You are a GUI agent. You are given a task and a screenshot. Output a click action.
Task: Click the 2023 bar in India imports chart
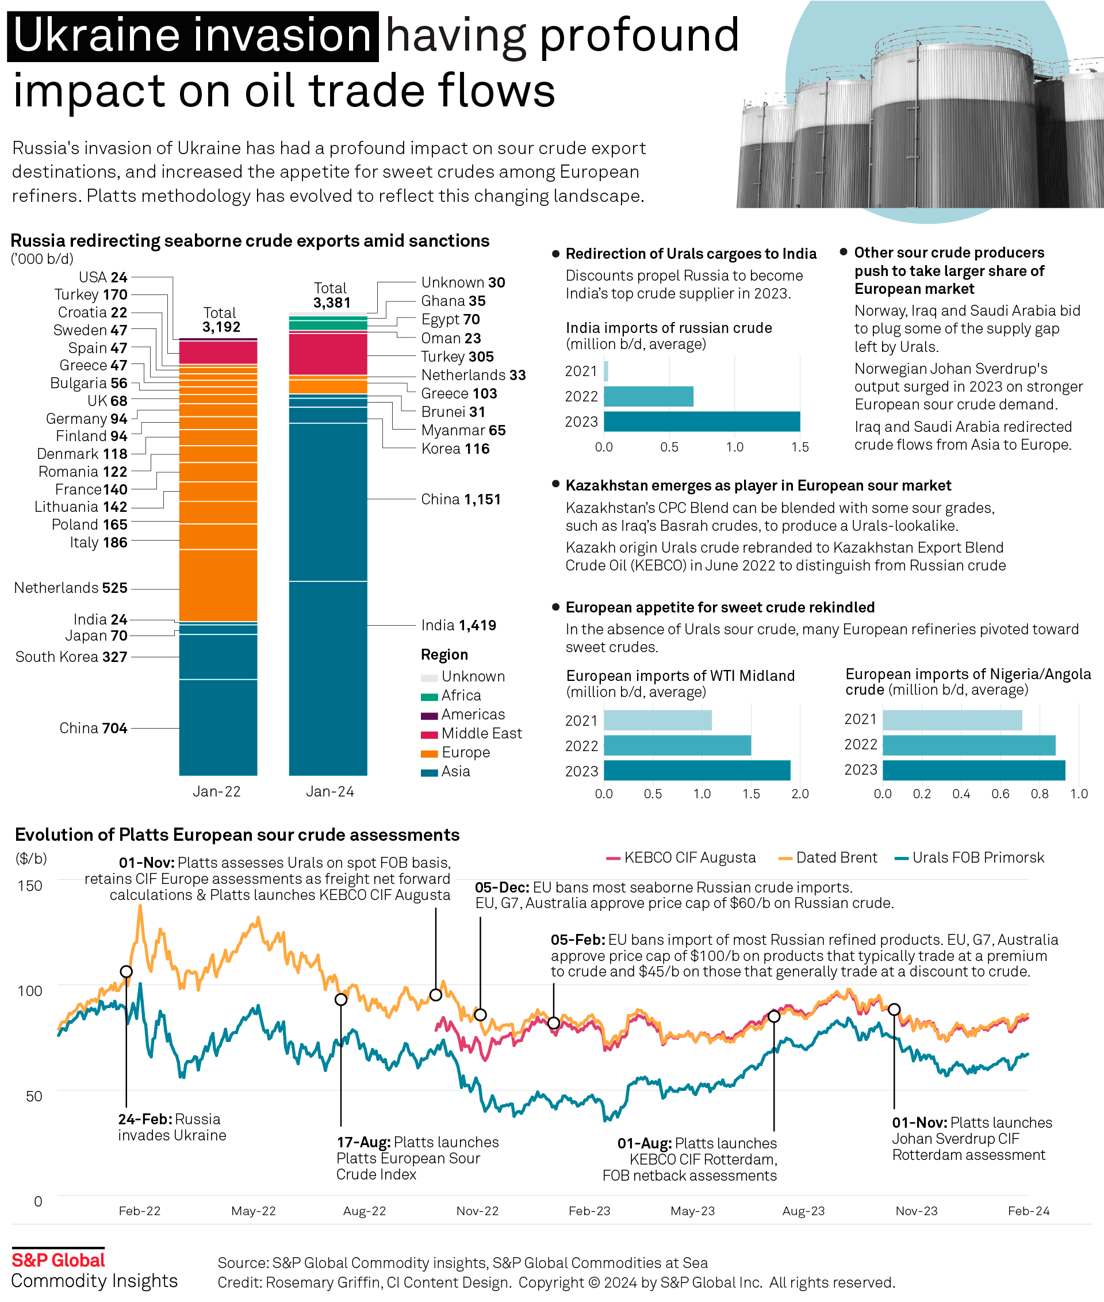pos(701,422)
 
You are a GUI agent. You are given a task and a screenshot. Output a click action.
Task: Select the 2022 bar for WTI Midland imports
pos(677,745)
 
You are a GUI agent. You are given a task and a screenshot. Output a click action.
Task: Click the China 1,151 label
pos(461,499)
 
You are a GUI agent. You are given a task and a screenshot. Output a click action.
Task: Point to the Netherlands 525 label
pos(71,588)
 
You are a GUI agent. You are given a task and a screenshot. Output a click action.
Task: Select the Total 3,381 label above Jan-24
pos(331,296)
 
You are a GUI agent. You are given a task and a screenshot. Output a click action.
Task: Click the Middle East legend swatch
pos(429,734)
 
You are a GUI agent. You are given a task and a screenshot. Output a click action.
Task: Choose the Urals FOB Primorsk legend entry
pos(969,857)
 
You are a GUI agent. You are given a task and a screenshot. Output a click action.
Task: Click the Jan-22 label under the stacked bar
pos(217,791)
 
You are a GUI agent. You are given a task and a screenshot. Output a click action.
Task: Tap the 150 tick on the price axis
pos(30,886)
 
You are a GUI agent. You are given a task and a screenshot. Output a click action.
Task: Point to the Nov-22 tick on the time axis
pos(477,1211)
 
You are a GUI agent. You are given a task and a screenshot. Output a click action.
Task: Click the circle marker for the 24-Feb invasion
pos(126,971)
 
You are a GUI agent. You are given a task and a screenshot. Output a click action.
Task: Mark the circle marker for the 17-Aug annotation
pos(341,999)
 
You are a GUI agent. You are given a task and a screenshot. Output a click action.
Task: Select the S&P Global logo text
pos(58,1260)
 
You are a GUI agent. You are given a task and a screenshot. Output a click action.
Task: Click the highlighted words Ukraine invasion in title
pos(193,36)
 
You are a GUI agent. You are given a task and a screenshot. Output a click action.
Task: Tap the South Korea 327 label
pos(71,657)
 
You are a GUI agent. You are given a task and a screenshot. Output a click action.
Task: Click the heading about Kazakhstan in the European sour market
pos(758,485)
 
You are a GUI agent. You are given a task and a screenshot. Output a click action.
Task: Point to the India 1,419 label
pos(458,625)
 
